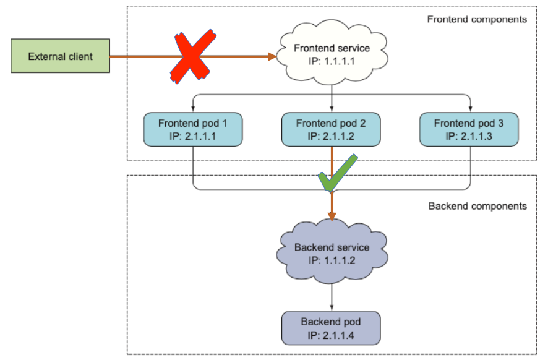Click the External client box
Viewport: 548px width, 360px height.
point(60,56)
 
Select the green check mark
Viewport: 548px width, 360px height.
point(336,174)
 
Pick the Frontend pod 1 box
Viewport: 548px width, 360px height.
point(193,129)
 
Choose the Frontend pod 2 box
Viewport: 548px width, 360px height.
point(331,129)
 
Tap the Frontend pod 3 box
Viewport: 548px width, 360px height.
point(469,129)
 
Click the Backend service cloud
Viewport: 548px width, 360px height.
point(332,253)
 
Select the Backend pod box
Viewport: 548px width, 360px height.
point(331,328)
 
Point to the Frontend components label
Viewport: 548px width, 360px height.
point(477,19)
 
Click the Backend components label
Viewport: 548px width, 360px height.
point(477,205)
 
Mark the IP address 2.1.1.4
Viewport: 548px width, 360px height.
point(331,335)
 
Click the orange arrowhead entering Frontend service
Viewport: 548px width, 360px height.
point(272,57)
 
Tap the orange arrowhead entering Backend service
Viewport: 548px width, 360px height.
point(332,216)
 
